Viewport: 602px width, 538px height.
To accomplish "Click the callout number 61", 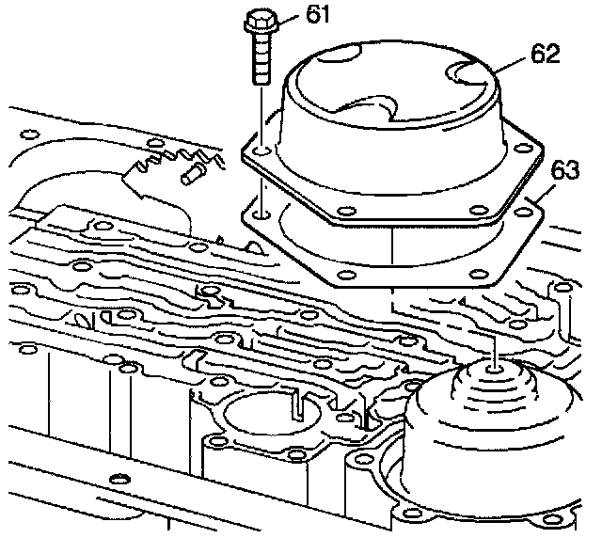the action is coord(318,15).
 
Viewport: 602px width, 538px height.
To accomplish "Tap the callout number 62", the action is coord(546,54).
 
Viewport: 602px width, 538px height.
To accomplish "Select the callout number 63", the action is coord(564,169).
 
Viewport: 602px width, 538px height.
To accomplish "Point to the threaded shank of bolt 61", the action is coord(261,58).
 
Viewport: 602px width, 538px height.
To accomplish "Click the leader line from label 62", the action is coord(510,65).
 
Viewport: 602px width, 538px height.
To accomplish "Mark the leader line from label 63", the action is coord(540,194).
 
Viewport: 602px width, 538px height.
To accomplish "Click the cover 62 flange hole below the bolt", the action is coord(261,150).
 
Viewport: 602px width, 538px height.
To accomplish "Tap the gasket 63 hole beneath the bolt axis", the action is coord(261,214).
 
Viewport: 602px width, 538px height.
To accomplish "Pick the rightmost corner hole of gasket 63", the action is coord(523,212).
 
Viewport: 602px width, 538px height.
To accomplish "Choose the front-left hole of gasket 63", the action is coord(346,275).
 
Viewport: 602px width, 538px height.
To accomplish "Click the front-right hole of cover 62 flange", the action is coord(479,210).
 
